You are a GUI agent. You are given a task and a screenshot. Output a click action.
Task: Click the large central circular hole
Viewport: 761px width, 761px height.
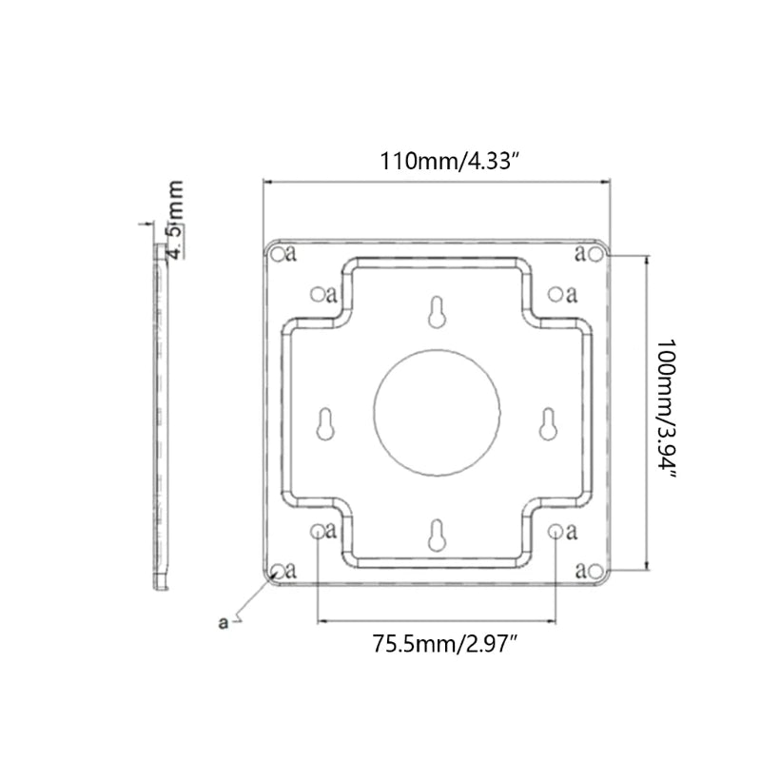(437, 411)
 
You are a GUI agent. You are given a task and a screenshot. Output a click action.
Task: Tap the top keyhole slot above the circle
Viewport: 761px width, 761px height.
(436, 313)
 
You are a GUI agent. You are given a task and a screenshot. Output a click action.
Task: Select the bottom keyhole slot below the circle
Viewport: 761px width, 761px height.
(436, 536)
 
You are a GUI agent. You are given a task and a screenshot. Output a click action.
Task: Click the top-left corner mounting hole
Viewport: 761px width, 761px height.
(277, 253)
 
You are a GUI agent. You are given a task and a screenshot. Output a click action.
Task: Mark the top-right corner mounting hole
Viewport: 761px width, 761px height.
(595, 253)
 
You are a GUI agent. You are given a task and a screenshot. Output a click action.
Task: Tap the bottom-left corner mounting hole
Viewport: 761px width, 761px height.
(277, 571)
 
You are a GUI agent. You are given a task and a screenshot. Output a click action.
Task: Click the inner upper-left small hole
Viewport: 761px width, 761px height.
(317, 294)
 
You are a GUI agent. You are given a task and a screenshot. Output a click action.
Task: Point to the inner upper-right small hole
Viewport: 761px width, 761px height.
(556, 294)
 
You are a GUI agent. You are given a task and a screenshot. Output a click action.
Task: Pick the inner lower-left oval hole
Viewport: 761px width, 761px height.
(317, 532)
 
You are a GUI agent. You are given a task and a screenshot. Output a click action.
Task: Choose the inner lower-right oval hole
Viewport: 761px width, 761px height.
(556, 532)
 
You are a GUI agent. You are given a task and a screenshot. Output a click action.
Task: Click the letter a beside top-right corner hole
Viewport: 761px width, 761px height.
(580, 253)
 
